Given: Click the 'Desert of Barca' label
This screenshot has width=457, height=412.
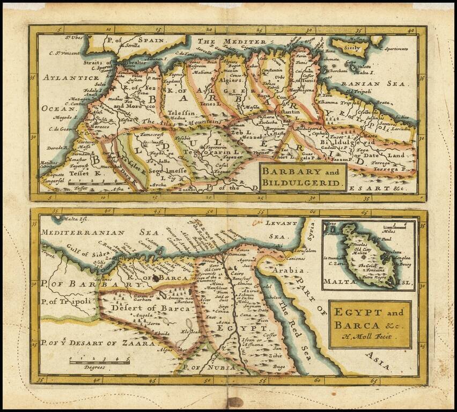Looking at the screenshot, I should click(140, 308).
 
